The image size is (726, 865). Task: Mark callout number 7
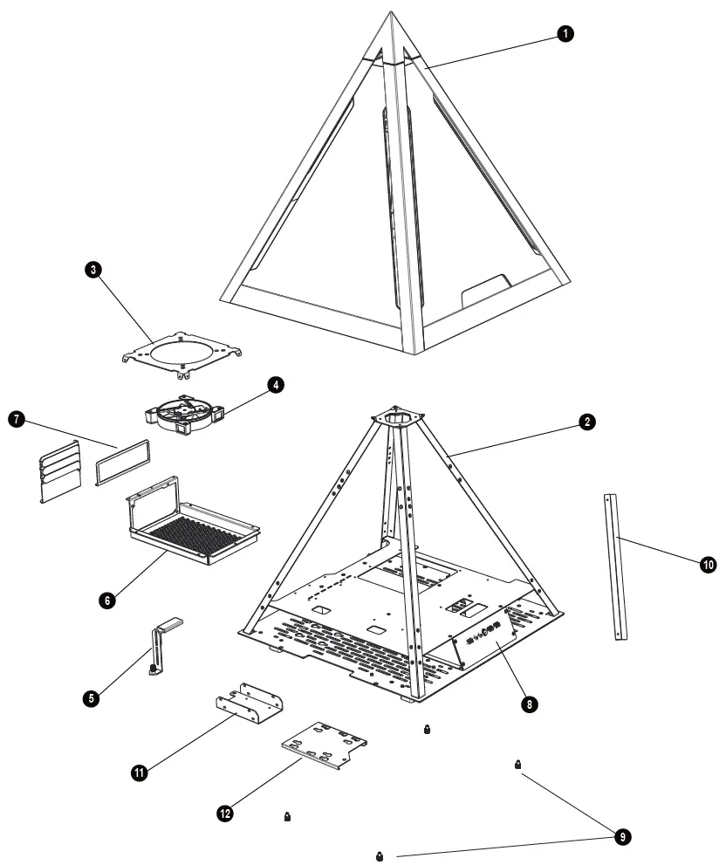[x=14, y=420]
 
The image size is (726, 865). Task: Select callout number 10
[x=708, y=565]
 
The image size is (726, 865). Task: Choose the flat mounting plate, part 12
[x=324, y=743]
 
